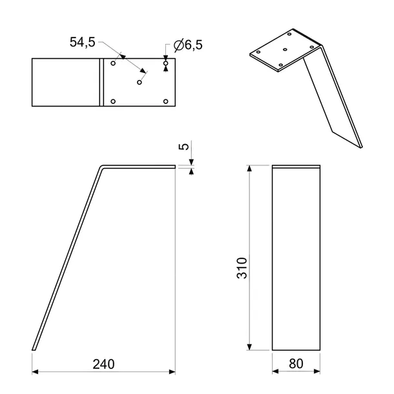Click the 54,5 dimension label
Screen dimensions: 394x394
click(x=83, y=42)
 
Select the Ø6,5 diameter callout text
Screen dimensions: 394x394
click(x=186, y=45)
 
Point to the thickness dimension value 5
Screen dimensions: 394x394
click(x=185, y=147)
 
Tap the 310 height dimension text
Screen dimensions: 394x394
click(x=241, y=267)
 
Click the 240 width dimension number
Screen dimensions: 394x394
click(x=103, y=364)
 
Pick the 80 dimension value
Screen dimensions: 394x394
click(x=296, y=364)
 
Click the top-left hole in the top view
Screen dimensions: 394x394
click(x=113, y=63)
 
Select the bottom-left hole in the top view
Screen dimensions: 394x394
click(x=113, y=101)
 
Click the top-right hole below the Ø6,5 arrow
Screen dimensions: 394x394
click(x=166, y=63)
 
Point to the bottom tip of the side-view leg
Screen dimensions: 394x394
click(x=34, y=350)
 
